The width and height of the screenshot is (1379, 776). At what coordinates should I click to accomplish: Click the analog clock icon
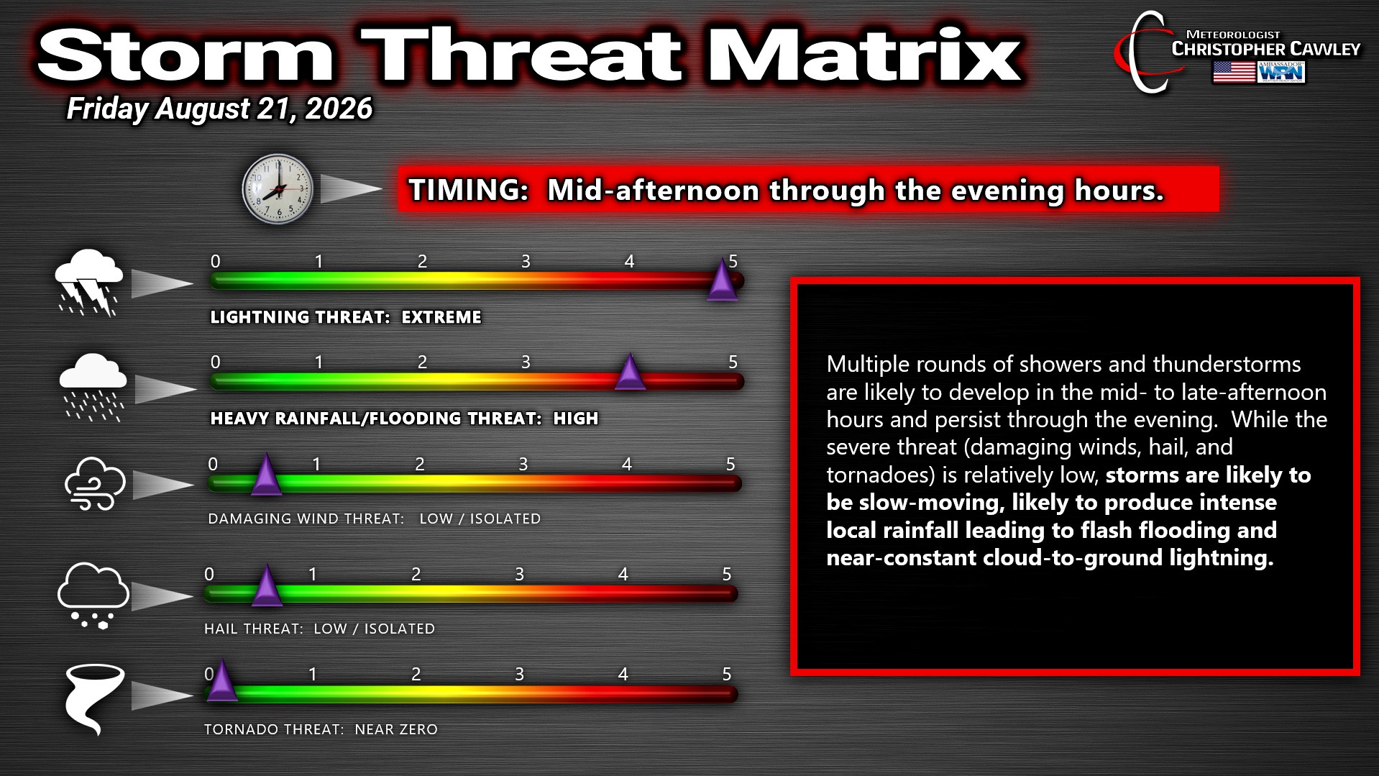[278, 189]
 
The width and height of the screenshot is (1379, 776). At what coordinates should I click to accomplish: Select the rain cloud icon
[92, 387]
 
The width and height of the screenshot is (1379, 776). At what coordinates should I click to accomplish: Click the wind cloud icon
[95, 483]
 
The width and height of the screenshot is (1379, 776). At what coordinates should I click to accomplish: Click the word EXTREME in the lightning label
[441, 317]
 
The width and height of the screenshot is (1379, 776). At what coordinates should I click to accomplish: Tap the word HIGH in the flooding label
[575, 419]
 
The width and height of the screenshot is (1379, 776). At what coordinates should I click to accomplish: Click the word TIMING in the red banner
[469, 191]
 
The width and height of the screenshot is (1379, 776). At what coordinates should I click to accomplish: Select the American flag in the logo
[1234, 72]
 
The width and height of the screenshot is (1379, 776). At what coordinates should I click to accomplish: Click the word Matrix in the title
[863, 55]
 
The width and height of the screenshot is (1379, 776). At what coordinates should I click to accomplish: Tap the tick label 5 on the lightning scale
[733, 261]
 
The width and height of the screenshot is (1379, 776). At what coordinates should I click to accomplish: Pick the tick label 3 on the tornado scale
[519, 674]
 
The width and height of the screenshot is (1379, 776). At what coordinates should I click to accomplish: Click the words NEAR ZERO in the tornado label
[396, 729]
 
